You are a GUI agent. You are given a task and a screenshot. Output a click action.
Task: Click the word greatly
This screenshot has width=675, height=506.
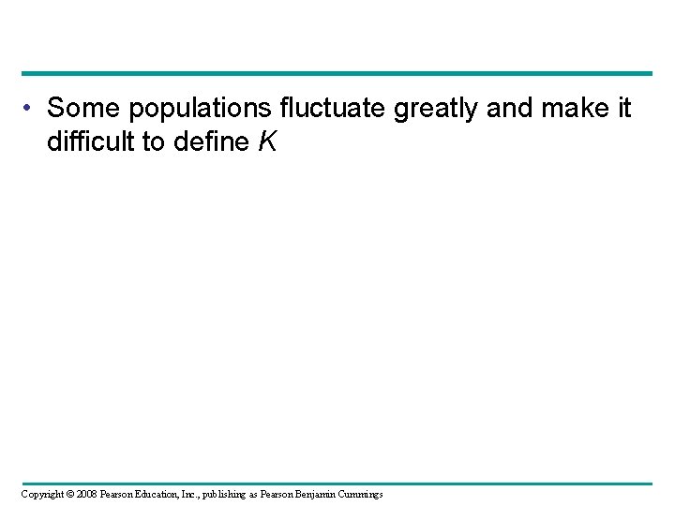(x=437, y=110)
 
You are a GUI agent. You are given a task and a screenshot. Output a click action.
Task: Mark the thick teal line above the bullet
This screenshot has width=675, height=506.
(x=337, y=73)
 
